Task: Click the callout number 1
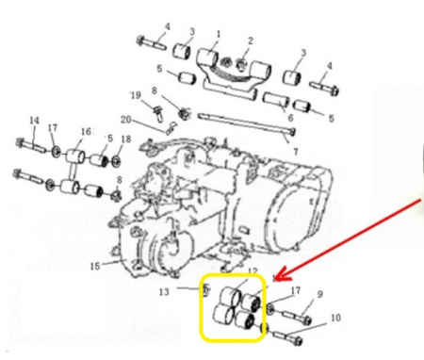point(219,34)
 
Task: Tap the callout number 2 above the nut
point(251,41)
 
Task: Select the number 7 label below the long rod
point(296,152)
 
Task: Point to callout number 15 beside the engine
point(95,267)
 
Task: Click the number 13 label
point(164,292)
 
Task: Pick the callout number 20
point(125,120)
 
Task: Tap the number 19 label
point(136,95)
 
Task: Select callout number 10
point(335,318)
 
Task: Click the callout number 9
point(319,294)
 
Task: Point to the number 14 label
point(34,121)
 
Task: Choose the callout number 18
point(126,139)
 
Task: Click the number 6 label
point(290,118)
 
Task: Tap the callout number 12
point(253,271)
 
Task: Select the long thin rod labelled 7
point(247,123)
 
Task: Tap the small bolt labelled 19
point(157,114)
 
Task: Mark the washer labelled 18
point(116,162)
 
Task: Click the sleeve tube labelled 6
point(276,100)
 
